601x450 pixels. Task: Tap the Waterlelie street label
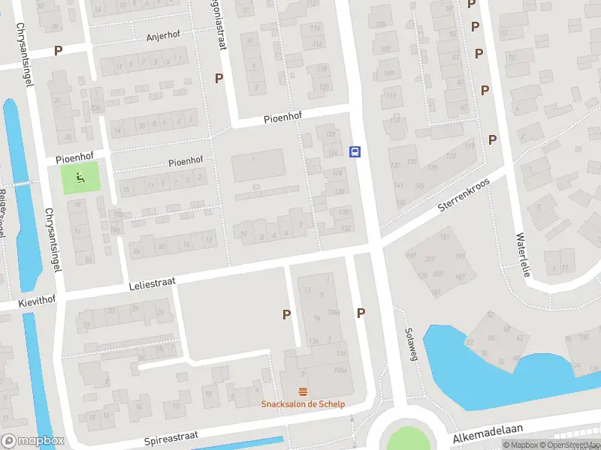523,255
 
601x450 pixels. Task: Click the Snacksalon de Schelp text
303,404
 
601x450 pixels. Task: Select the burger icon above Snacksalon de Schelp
303,391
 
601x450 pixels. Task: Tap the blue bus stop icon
355,151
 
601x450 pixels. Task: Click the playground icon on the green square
80,178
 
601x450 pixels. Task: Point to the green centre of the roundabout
407,439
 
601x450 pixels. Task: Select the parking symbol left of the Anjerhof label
59,50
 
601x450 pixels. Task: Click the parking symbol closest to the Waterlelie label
493,139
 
